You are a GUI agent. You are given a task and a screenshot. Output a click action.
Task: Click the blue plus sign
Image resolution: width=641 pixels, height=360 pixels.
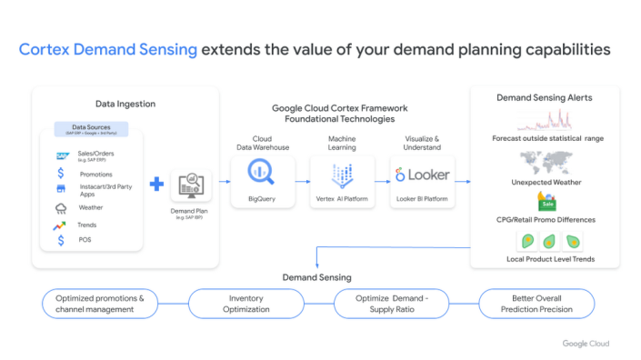(x=156, y=185)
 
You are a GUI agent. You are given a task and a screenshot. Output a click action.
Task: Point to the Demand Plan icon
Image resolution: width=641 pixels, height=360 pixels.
(x=190, y=185)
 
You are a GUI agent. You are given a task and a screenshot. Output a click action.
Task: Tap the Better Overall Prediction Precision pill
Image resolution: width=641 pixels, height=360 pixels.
(x=536, y=304)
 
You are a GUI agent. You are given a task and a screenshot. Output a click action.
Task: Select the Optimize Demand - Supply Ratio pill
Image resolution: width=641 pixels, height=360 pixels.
(x=392, y=304)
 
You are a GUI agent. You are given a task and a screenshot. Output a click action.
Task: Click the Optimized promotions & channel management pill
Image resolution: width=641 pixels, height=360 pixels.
(x=100, y=304)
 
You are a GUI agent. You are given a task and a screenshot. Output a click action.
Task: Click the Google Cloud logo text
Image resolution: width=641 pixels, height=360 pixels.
(x=585, y=343)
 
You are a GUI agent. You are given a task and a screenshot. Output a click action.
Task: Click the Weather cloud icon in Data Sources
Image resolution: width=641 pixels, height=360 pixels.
(x=60, y=207)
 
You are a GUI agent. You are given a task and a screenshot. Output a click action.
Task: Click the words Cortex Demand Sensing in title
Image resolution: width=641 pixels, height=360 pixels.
(x=108, y=49)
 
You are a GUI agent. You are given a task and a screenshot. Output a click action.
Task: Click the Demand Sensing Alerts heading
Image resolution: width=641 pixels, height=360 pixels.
(x=545, y=97)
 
